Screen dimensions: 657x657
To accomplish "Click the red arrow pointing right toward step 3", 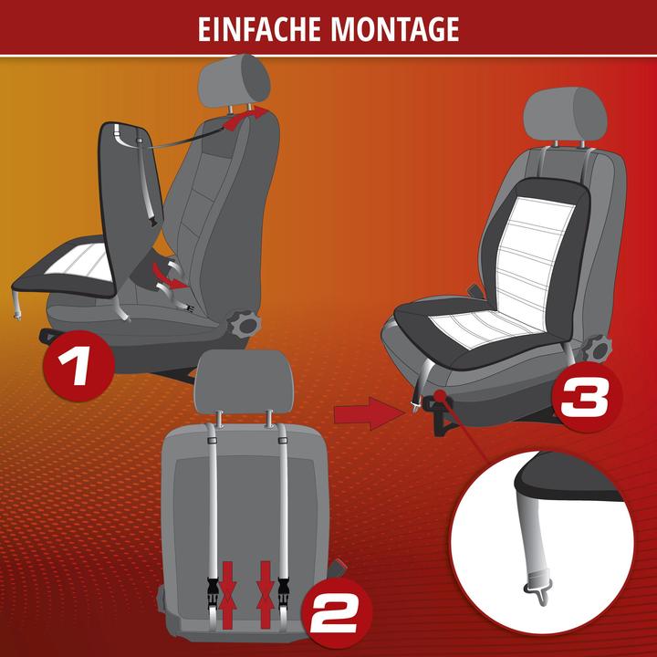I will click(362, 415).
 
